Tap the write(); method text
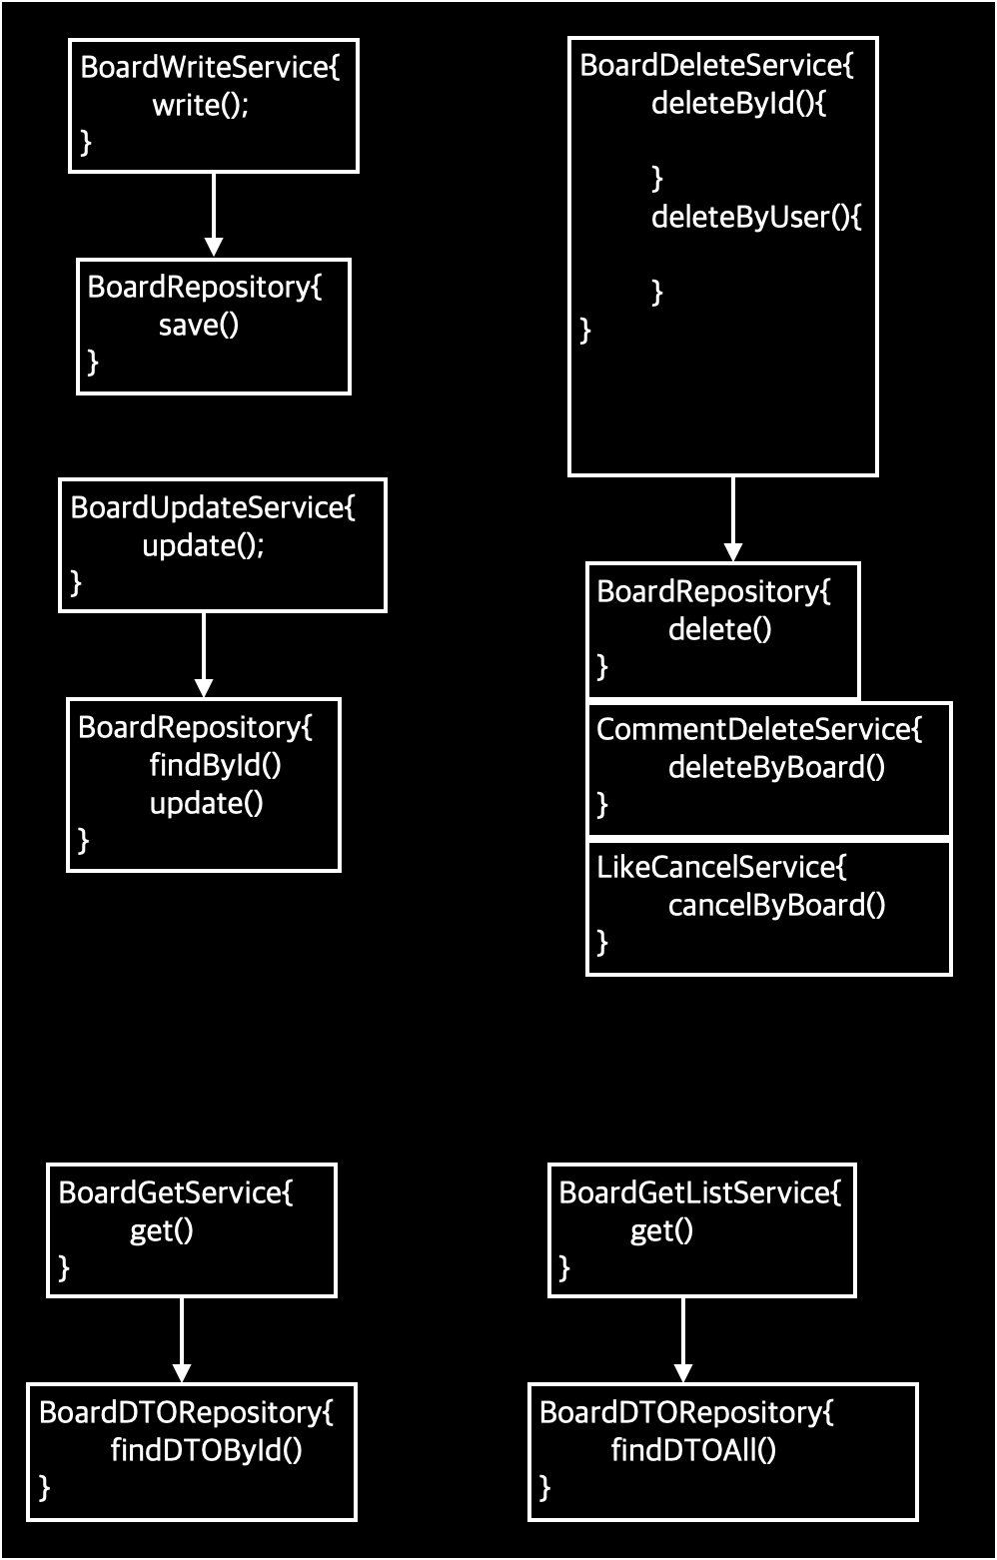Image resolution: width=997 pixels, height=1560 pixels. pos(200,105)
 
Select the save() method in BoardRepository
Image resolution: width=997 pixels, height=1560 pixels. pos(199,325)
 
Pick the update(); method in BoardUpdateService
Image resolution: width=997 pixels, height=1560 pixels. pos(203,545)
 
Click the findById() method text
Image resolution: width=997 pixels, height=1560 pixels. pos(215,765)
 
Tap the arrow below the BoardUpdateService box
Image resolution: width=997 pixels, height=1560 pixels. pos(204,654)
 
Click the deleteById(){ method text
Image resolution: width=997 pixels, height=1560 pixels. pos(738,103)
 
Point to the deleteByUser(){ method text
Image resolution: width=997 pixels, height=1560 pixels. pos(755,217)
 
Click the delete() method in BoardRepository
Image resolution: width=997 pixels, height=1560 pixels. pos(719,629)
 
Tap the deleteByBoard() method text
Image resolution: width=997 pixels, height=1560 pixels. pos(776,767)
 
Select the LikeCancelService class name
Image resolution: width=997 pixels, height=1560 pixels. pos(721,867)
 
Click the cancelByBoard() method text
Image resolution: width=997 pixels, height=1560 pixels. pos(776,905)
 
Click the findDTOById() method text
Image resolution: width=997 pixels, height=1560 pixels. pos(206,1450)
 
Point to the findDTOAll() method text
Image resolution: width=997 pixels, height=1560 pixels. pos(693,1450)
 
